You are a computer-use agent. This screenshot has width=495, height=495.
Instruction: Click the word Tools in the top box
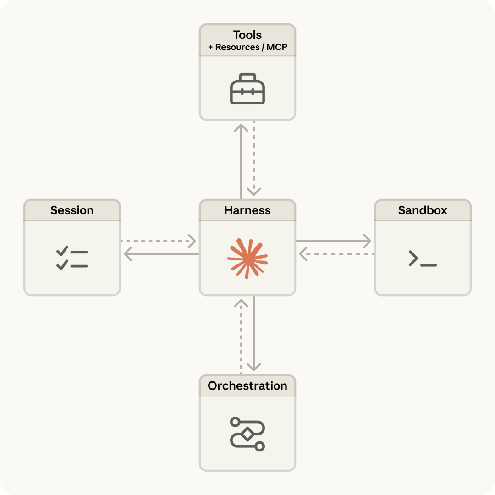(247, 35)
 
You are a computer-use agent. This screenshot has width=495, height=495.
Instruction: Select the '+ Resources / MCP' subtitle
(247, 47)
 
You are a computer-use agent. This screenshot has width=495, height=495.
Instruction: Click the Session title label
(72, 210)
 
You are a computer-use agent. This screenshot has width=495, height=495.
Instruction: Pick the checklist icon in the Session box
(72, 258)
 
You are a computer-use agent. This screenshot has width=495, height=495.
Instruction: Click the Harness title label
(247, 210)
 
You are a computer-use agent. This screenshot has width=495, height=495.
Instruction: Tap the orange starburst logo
(247, 258)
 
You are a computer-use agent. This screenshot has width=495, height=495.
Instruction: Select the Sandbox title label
(423, 210)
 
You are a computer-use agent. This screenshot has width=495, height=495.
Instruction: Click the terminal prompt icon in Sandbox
(422, 259)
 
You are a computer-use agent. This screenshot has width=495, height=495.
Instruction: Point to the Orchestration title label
(247, 386)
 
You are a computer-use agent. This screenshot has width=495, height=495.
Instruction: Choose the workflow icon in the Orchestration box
(247, 434)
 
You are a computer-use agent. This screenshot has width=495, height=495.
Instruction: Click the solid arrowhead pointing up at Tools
(241, 127)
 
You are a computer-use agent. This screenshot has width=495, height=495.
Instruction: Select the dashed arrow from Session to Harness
(158, 241)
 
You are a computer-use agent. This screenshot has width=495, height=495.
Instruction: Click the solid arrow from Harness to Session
(160, 254)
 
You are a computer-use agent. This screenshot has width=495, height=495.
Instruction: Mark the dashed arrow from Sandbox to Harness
(337, 254)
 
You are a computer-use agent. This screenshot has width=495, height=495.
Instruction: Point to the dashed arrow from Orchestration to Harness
(241, 337)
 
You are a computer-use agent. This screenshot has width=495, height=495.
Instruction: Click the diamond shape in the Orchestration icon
(247, 434)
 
